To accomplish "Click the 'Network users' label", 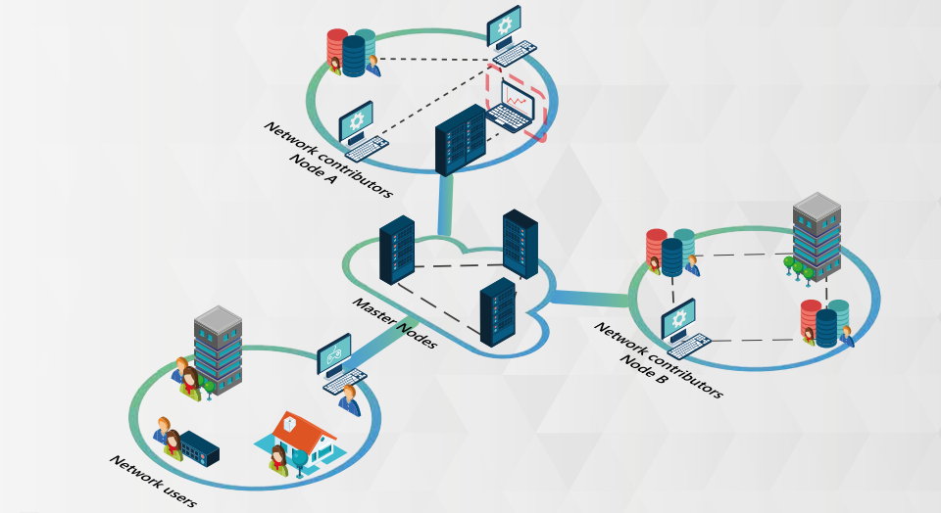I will coord(153,481).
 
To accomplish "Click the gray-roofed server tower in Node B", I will coord(817,236).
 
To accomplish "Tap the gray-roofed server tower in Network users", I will coord(218,350).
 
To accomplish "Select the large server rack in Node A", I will coord(460,139).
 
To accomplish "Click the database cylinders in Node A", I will coord(351,51).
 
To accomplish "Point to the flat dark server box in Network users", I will coord(199,447).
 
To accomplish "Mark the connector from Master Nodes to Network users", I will coord(377,337).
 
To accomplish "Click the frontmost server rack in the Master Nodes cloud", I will coord(498,311).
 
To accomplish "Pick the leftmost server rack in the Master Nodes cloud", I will coord(396,250).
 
